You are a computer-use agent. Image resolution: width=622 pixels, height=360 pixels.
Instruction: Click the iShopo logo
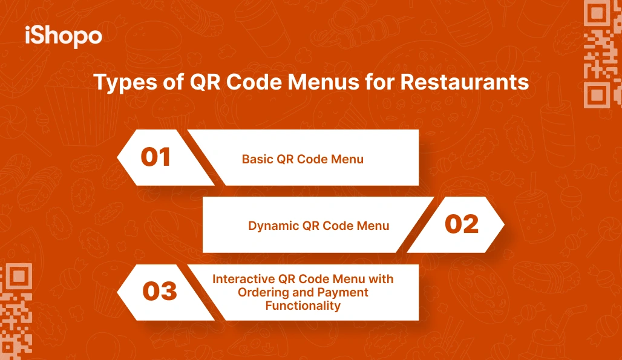pyautogui.click(x=63, y=36)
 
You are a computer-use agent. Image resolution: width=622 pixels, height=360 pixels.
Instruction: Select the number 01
pyautogui.click(x=155, y=157)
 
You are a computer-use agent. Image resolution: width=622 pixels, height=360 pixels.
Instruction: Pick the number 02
pyautogui.click(x=462, y=224)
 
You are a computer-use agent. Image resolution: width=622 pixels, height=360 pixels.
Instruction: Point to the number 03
pyautogui.click(x=159, y=292)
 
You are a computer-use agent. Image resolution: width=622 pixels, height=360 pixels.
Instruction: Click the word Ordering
pyautogui.click(x=263, y=292)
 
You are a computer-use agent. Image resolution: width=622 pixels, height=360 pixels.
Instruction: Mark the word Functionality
pyautogui.click(x=303, y=306)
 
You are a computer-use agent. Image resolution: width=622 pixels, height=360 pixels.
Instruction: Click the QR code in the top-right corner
pyautogui.click(x=603, y=54)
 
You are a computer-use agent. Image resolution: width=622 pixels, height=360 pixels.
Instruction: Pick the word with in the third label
pyautogui.click(x=381, y=279)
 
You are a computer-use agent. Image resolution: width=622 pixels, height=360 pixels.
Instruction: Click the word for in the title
pyautogui.click(x=378, y=82)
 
